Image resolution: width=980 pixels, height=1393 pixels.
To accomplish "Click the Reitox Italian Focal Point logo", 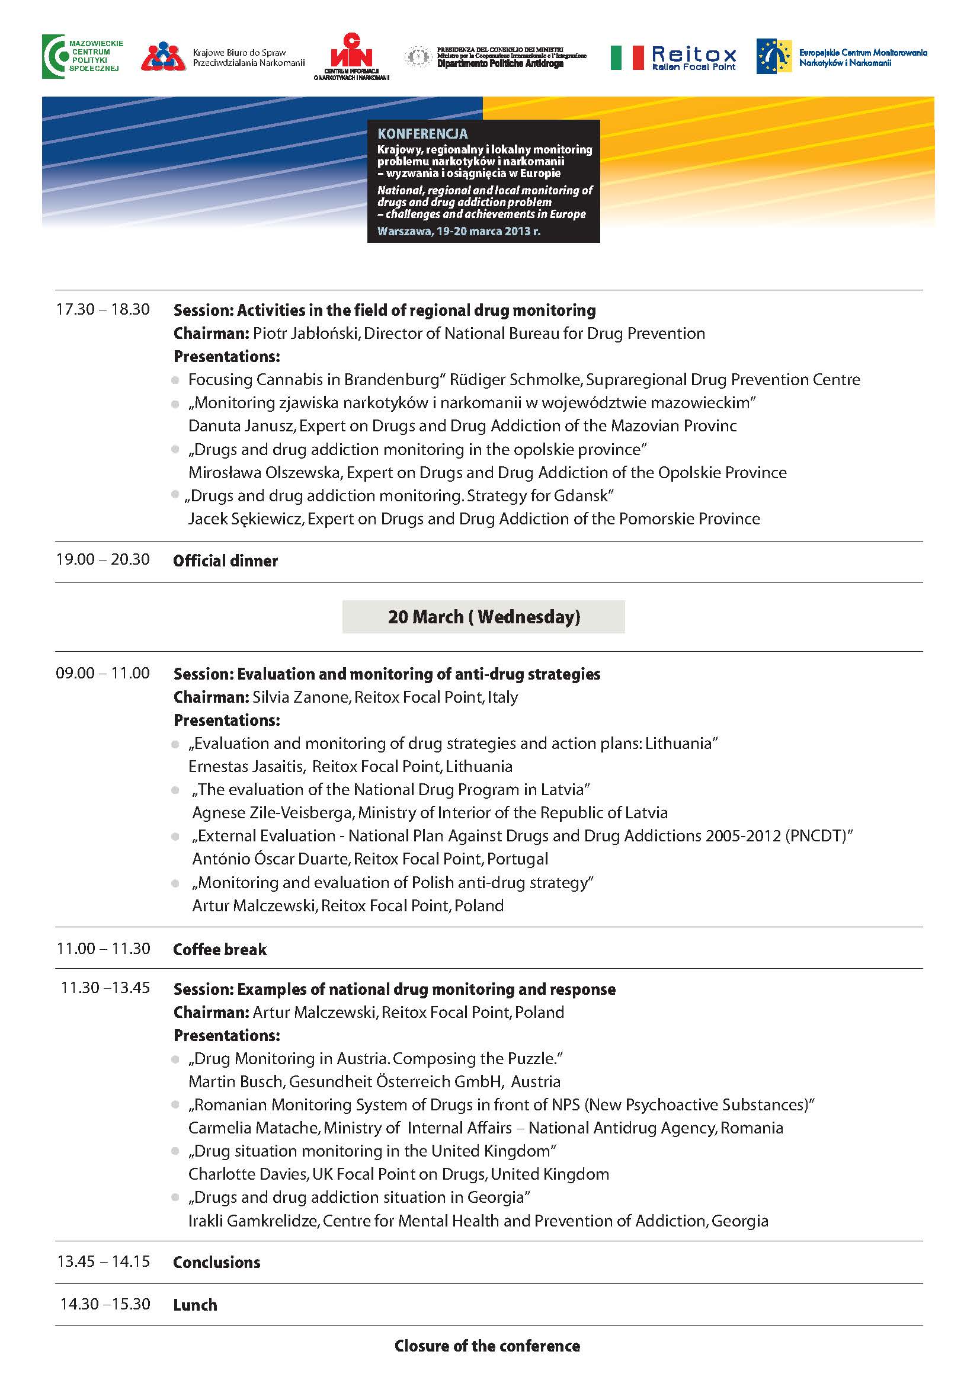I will pyautogui.click(x=693, y=58).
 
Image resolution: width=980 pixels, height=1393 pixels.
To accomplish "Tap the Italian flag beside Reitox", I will pyautogui.click(x=626, y=57).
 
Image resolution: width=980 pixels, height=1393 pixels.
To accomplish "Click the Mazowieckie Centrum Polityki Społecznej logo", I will pyautogui.click(x=82, y=56).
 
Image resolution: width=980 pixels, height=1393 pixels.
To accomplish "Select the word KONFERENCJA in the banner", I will pyautogui.click(x=422, y=134).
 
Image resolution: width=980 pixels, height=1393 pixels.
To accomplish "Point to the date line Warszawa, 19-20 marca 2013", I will pyautogui.click(x=458, y=231).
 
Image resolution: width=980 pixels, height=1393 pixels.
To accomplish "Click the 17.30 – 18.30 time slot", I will pyautogui.click(x=103, y=309).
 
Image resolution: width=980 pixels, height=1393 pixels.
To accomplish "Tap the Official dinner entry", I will pyautogui.click(x=225, y=561).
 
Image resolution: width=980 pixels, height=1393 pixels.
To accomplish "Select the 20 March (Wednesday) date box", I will pyautogui.click(x=483, y=617).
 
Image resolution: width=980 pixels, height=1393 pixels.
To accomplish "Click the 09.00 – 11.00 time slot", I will pyautogui.click(x=103, y=673).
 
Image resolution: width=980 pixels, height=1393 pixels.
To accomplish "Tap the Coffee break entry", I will pyautogui.click(x=220, y=949).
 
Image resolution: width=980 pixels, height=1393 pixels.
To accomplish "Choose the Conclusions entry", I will pyautogui.click(x=217, y=1263).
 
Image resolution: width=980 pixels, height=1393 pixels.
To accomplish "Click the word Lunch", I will pyautogui.click(x=195, y=1305).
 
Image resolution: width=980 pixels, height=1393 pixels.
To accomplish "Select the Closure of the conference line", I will pyautogui.click(x=486, y=1346).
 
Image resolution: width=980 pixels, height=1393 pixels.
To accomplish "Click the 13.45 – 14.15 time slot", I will pyautogui.click(x=103, y=1261).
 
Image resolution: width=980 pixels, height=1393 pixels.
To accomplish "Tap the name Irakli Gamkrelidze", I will pyautogui.click(x=254, y=1221).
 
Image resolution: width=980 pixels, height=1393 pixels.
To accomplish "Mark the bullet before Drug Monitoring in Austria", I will pyautogui.click(x=175, y=1059).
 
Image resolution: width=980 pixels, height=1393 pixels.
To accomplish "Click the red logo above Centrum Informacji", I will pyautogui.click(x=350, y=52).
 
